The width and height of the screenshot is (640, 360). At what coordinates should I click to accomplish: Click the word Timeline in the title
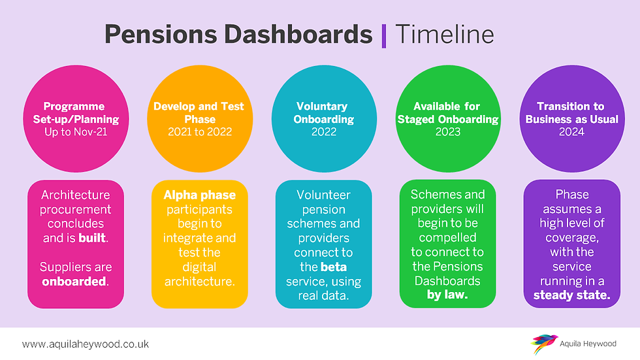[x=445, y=34]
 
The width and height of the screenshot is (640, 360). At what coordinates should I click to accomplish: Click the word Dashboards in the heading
[x=298, y=34]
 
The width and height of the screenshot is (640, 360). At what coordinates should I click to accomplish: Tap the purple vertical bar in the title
[x=384, y=36]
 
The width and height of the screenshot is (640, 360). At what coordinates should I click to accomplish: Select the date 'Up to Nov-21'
[x=76, y=132]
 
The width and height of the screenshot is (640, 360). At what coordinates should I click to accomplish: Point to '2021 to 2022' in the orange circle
[x=200, y=132]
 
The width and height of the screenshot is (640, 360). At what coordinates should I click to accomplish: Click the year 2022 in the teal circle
[x=324, y=132]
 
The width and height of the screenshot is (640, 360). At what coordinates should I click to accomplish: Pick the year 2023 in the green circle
[x=448, y=132]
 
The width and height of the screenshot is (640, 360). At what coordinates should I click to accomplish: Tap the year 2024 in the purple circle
[x=571, y=132]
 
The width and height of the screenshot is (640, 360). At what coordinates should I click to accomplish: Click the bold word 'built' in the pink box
[x=92, y=238]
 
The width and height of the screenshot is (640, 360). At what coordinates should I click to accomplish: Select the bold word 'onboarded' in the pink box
[x=74, y=281]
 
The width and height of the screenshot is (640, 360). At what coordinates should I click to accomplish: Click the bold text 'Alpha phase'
[x=200, y=195]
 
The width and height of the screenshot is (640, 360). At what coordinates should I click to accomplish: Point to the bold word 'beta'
[x=334, y=267]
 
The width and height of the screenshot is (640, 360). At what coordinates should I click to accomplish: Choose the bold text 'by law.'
[x=447, y=295]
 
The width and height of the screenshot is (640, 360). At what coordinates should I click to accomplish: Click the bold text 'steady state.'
[x=572, y=295]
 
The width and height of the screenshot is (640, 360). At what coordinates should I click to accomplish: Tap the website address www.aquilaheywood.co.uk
[x=86, y=344]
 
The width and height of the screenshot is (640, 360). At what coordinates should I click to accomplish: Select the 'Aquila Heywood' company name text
[x=588, y=344]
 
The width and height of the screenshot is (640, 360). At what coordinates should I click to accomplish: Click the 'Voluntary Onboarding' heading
[x=323, y=112]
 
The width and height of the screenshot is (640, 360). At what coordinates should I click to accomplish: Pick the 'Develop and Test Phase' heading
[x=199, y=112]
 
